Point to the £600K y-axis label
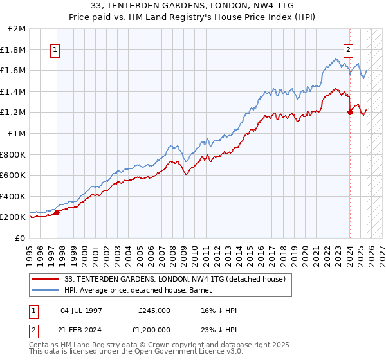[x=13, y=175]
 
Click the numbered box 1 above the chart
[x=55, y=50]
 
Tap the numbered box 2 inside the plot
[x=348, y=50]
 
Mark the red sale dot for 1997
[x=57, y=212]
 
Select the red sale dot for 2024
[x=350, y=112]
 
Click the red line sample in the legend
[x=46, y=278]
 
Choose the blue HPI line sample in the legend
[x=46, y=289]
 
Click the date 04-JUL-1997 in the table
[x=81, y=310]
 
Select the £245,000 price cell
[x=154, y=310]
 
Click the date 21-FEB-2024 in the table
[x=81, y=330]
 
